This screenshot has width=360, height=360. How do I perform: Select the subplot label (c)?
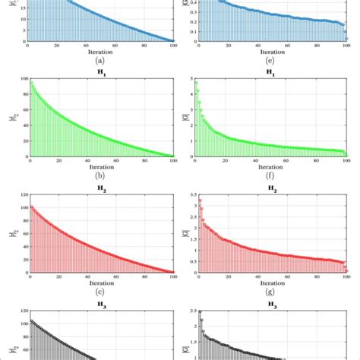(x=100, y=292)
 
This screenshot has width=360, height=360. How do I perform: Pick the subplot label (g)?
(x=267, y=292)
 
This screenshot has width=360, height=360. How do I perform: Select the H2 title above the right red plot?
(x=267, y=185)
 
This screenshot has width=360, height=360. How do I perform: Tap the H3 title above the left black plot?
(x=100, y=302)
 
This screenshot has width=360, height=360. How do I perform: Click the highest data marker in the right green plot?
(x=196, y=81)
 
